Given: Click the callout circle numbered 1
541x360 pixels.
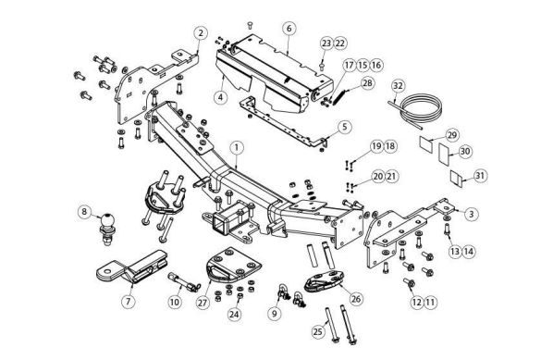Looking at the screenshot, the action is click(x=237, y=148).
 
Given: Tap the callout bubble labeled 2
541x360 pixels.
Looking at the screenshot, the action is click(x=201, y=33).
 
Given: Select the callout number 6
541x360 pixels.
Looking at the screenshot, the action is click(x=289, y=29).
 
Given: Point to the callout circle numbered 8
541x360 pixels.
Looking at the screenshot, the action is click(x=85, y=211).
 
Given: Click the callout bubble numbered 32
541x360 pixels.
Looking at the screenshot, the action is click(x=398, y=85).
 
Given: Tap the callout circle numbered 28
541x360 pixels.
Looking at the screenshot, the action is click(x=368, y=83).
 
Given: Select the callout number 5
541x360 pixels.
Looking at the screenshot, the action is click(x=345, y=127).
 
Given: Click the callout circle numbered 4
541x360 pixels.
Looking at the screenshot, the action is click(x=221, y=97).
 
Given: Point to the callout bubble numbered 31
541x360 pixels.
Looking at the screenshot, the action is click(x=480, y=176).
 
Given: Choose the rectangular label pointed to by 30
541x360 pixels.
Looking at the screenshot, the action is click(x=444, y=154).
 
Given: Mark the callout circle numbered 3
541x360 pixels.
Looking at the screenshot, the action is click(x=472, y=214).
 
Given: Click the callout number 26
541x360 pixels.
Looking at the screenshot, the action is click(x=356, y=298).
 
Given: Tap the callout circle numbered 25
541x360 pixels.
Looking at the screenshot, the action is click(x=318, y=331).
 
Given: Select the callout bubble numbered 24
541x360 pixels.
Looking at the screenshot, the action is click(x=234, y=315).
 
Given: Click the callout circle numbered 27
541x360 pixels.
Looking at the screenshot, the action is click(x=203, y=303).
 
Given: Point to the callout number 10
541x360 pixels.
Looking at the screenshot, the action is click(x=175, y=303).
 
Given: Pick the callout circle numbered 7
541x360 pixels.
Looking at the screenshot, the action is click(x=129, y=302).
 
